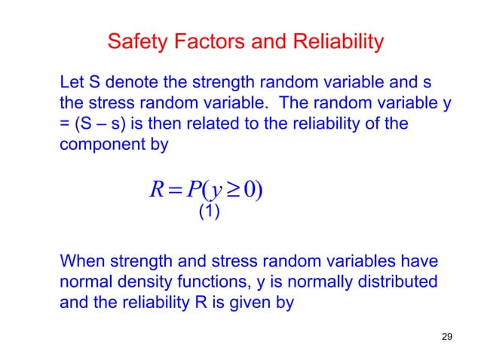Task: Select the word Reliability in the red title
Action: tap(339, 41)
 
